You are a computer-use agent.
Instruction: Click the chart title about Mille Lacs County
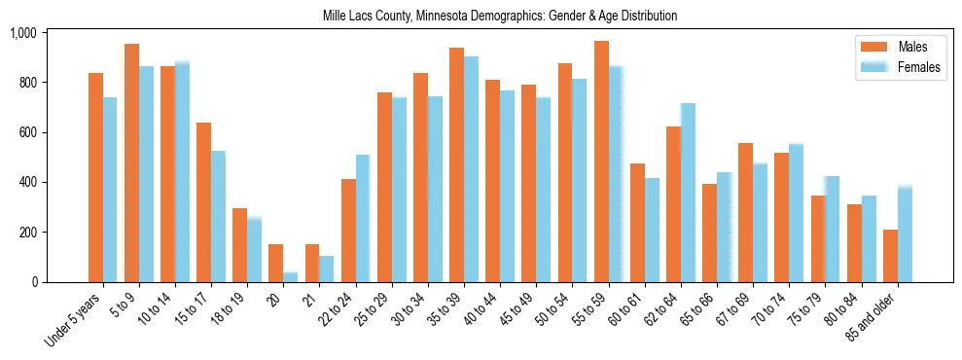pos(500,17)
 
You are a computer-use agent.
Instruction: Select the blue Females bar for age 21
pos(327,269)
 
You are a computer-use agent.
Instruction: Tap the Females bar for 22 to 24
pos(363,218)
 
